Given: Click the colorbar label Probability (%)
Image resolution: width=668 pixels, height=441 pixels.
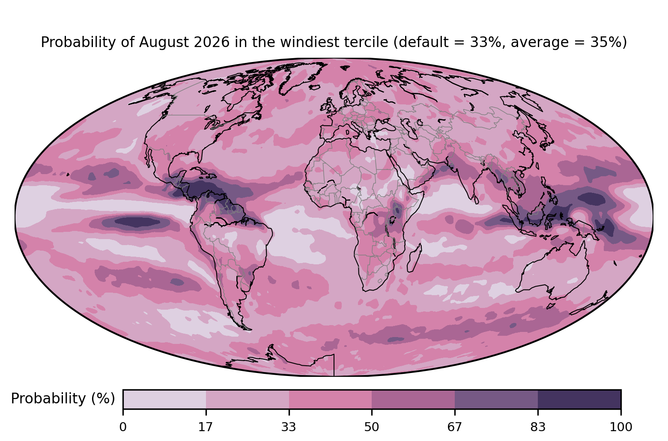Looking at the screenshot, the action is tap(63, 399).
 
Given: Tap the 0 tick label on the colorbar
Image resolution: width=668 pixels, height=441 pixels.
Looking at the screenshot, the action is tap(123, 427).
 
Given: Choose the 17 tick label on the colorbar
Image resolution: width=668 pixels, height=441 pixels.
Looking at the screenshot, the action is tap(206, 427).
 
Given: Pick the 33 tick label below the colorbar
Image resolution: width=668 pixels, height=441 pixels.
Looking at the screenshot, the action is tap(289, 427).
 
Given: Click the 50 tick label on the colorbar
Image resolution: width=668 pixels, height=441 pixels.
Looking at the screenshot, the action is tap(372, 427).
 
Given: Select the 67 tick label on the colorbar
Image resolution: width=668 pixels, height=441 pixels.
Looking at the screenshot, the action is tap(454, 427).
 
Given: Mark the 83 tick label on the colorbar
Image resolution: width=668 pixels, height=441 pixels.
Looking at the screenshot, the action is tap(538, 427).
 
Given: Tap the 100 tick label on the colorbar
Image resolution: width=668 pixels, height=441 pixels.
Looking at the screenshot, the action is tap(621, 427).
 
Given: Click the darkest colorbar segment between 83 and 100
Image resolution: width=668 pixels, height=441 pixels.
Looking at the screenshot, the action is tap(579, 399).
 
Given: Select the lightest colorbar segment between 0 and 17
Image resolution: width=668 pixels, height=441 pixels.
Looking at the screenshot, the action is tap(164, 399).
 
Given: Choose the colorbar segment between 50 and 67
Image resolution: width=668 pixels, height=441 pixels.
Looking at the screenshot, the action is tap(413, 399).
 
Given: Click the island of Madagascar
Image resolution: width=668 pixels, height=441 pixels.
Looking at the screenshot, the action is tap(415, 258).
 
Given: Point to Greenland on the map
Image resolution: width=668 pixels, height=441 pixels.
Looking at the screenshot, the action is tap(301, 77).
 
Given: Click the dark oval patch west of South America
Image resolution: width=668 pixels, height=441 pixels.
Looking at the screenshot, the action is tap(137, 222).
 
